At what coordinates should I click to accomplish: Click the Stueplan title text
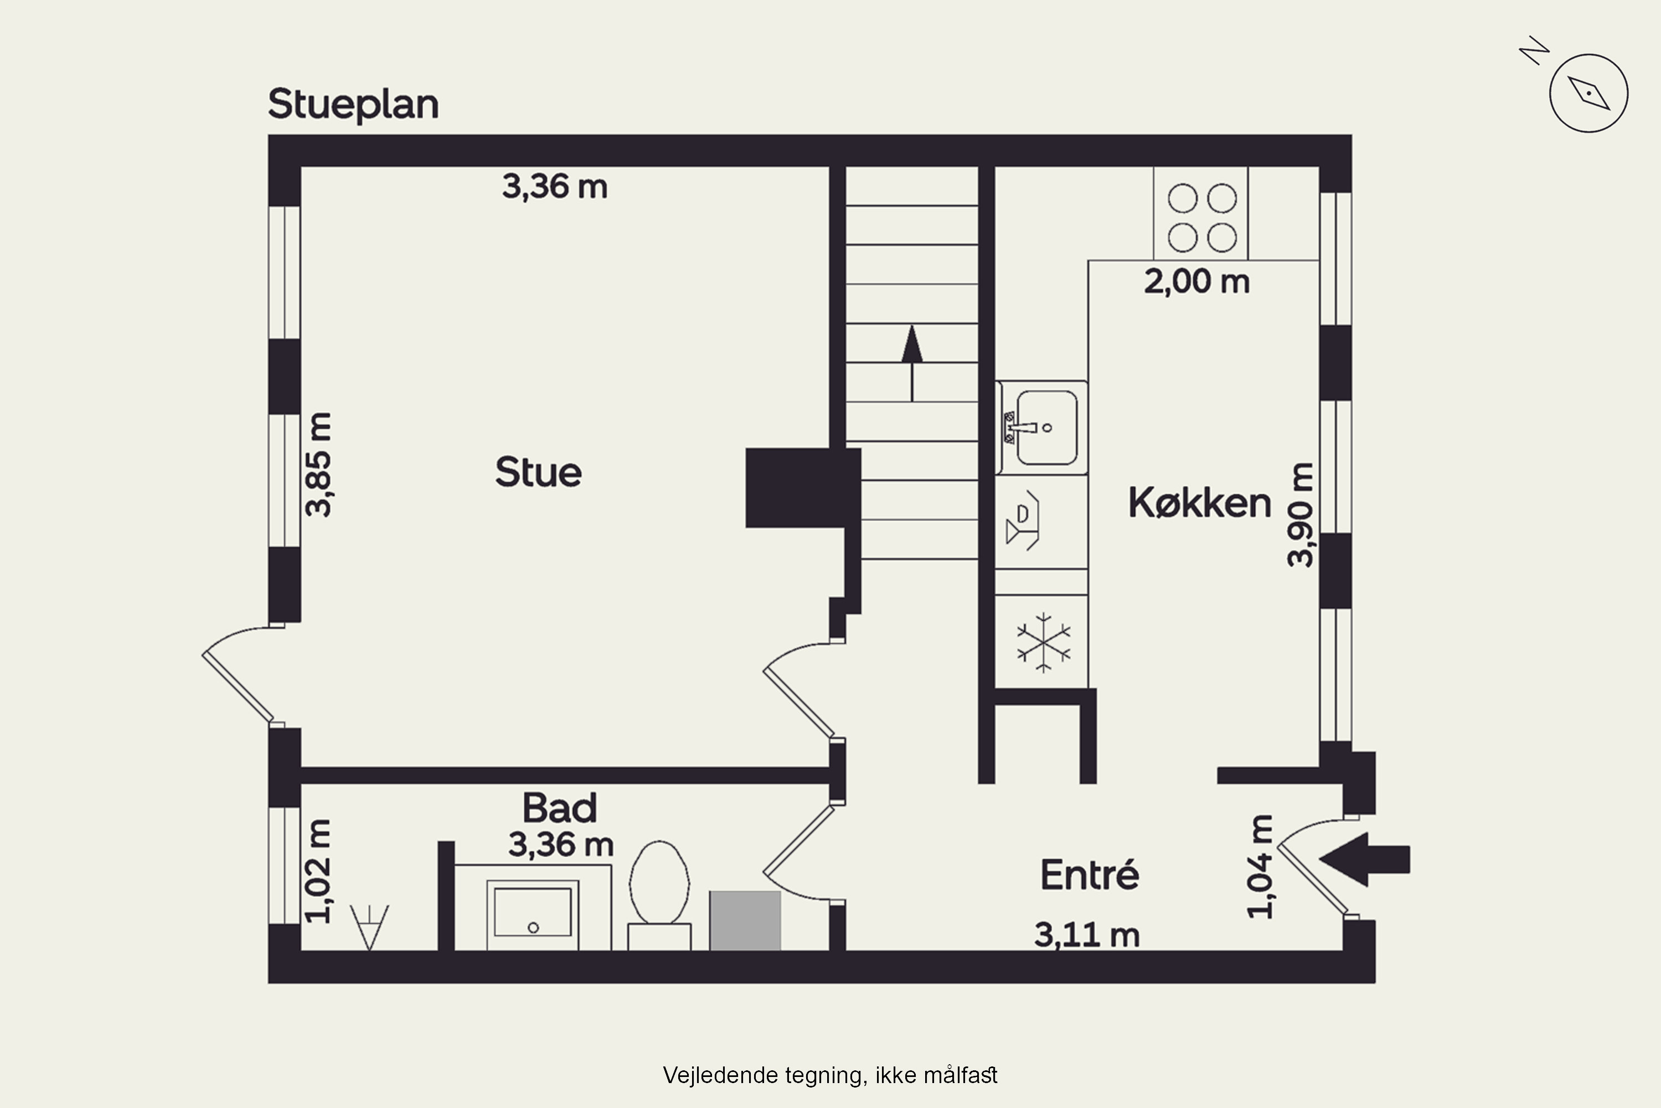click(x=353, y=105)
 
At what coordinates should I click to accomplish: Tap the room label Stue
click(x=538, y=472)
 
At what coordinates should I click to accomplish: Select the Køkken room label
click(x=1199, y=503)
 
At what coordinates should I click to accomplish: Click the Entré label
click(x=1089, y=875)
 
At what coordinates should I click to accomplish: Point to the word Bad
click(x=559, y=808)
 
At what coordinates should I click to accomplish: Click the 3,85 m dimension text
click(x=318, y=464)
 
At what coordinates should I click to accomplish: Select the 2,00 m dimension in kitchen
click(x=1196, y=282)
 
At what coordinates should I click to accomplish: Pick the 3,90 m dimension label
click(x=1300, y=515)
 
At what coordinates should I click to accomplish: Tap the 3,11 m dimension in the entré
click(x=1087, y=935)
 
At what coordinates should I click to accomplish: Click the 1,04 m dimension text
click(x=1261, y=867)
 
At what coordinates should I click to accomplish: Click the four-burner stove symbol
click(x=1201, y=217)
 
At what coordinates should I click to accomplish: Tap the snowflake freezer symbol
click(x=1043, y=642)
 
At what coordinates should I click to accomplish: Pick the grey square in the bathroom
click(x=745, y=920)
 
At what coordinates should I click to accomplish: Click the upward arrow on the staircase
click(x=912, y=362)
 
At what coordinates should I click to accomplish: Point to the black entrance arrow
click(x=1364, y=859)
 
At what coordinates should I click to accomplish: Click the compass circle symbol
click(x=1588, y=93)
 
